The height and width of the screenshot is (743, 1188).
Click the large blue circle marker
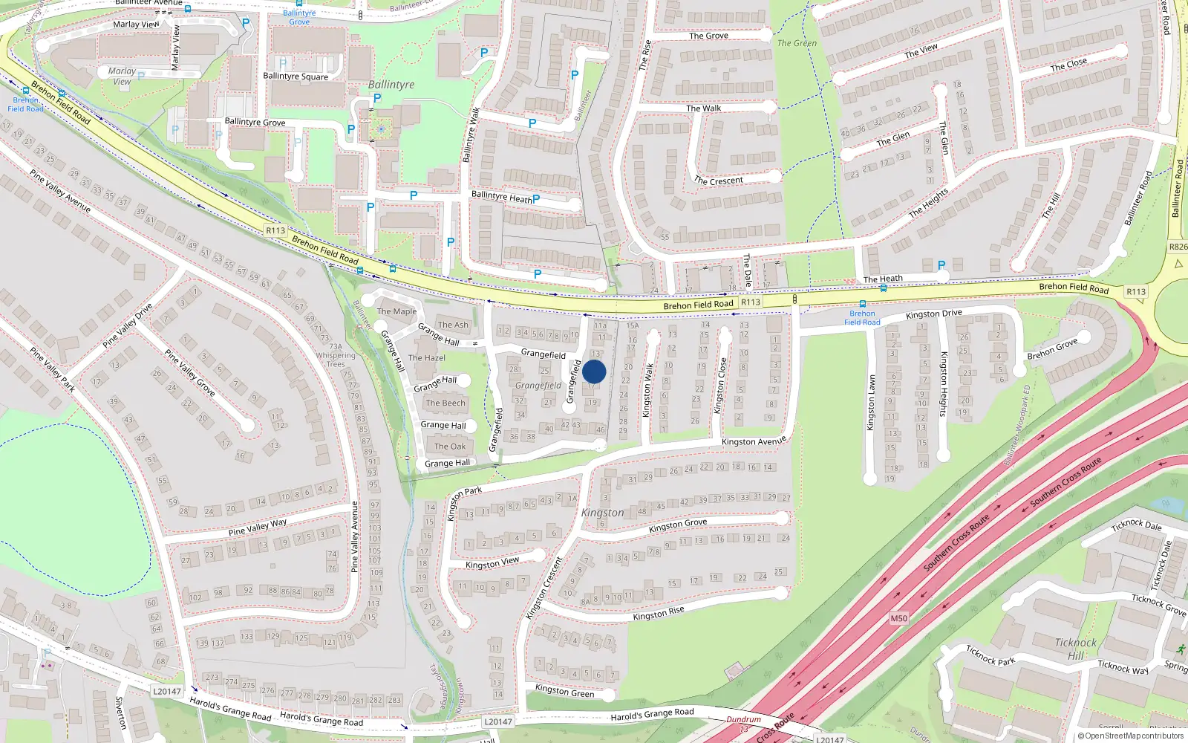[x=594, y=371]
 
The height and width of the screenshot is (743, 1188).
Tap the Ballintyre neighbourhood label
[x=391, y=85]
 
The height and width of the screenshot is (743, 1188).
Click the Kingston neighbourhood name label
[x=602, y=513]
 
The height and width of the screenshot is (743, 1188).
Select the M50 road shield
[x=898, y=618]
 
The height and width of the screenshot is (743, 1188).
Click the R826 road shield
[x=1178, y=247]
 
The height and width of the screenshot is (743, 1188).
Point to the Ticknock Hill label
[x=1075, y=649]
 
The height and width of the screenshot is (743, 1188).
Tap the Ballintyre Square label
[x=296, y=76]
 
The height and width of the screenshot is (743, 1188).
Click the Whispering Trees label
[x=336, y=360]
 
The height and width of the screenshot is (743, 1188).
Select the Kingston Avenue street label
[x=754, y=441]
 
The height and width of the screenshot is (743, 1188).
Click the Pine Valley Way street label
[x=258, y=527]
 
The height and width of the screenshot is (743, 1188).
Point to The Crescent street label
[x=718, y=181]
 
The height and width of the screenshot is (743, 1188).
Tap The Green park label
[x=797, y=43]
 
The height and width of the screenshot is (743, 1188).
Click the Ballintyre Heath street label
[x=502, y=196]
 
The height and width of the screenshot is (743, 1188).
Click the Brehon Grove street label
[x=1052, y=350]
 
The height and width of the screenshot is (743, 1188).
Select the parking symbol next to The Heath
[x=941, y=265]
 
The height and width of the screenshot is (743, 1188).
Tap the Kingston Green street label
[x=564, y=691]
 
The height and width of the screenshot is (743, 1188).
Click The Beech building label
[x=446, y=403]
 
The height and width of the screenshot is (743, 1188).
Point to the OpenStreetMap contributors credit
[x=1130, y=736]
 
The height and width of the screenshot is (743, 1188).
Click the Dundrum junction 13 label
[x=743, y=724]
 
